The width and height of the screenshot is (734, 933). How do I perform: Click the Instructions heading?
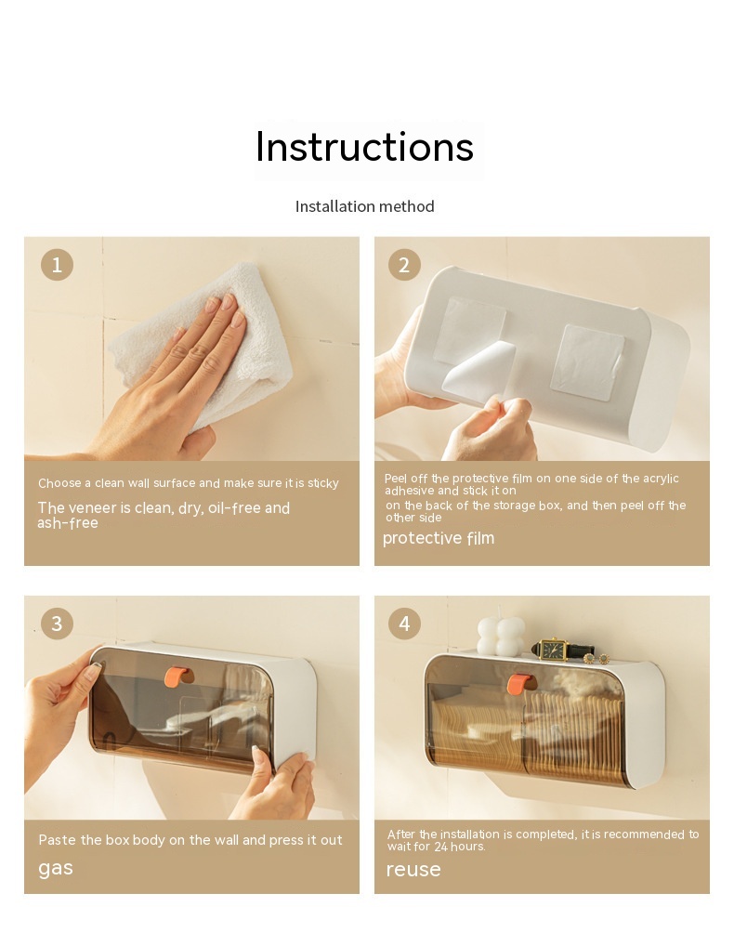tap(364, 147)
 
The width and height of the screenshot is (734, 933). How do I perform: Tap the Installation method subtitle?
tap(364, 206)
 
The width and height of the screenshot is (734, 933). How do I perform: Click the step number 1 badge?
tap(57, 265)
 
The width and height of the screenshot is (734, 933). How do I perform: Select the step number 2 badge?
tap(404, 265)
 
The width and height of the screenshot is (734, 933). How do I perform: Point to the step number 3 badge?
tap(57, 624)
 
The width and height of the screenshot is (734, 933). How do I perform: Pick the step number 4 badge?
tap(404, 624)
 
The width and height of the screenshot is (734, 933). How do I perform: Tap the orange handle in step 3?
tap(177, 677)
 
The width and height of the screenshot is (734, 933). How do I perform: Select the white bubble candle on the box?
tap(500, 637)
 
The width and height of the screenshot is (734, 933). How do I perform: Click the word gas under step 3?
tap(56, 869)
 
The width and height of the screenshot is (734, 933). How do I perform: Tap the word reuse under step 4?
tap(413, 870)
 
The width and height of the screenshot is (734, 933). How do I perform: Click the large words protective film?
tap(439, 538)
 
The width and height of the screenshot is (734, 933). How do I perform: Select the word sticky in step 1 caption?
tap(323, 483)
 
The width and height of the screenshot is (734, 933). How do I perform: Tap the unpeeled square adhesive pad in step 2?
tap(587, 361)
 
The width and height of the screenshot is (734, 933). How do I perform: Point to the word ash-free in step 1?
tap(68, 523)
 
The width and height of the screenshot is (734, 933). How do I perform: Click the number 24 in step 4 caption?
tap(440, 847)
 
